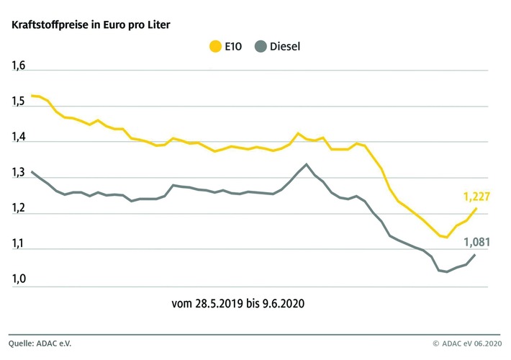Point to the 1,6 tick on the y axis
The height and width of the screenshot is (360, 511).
[x=18, y=67]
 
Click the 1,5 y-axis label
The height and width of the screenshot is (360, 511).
[x=18, y=102]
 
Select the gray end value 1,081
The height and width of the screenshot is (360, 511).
[x=476, y=242]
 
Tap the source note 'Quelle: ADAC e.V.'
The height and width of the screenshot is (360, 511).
[x=40, y=343]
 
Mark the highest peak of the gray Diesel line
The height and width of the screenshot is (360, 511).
[x=307, y=164]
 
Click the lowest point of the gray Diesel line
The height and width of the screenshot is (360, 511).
[x=447, y=271]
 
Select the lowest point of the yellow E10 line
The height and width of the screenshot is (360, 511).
[x=447, y=237]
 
